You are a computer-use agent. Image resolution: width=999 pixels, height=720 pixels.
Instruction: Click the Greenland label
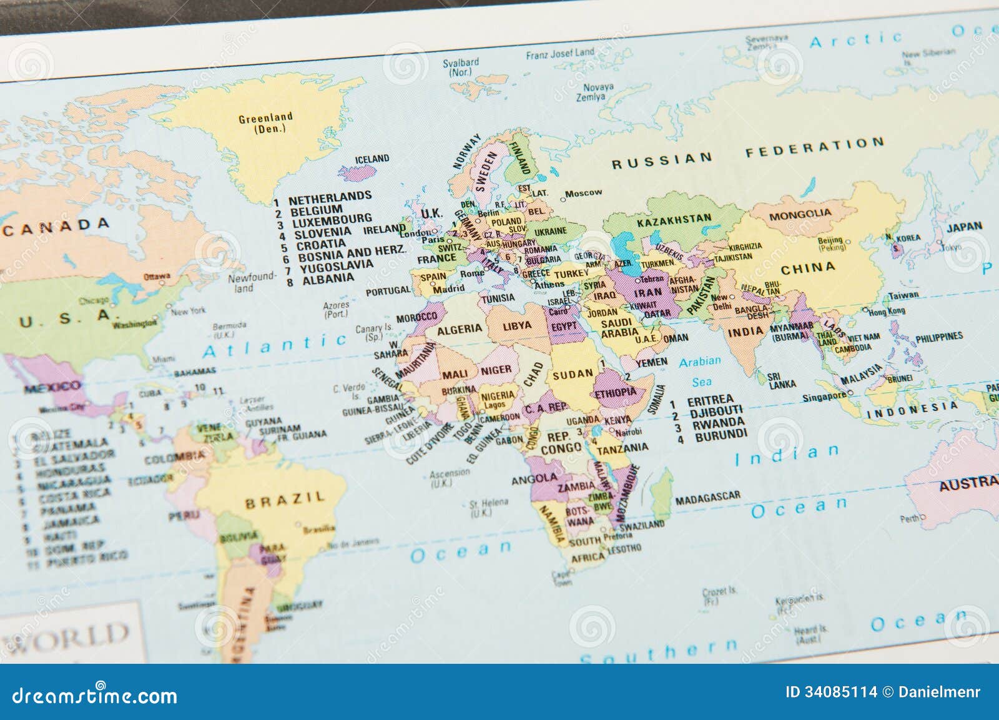[265, 118]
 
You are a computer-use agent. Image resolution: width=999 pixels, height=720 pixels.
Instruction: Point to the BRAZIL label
[285, 500]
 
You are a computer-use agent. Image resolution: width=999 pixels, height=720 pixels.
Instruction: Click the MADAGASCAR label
[707, 498]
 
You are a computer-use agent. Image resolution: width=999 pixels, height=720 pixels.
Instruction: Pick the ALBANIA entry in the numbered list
[327, 279]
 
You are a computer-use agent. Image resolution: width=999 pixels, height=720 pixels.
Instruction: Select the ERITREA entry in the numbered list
[710, 400]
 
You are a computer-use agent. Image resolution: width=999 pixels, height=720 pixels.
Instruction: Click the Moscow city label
[583, 193]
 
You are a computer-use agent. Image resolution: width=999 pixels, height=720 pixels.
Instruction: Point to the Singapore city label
[824, 397]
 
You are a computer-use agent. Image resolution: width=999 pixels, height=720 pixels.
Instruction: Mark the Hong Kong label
[887, 310]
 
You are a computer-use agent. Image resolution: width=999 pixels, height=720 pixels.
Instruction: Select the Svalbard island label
[461, 62]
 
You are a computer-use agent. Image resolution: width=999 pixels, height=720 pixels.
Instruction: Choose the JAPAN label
[964, 227]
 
